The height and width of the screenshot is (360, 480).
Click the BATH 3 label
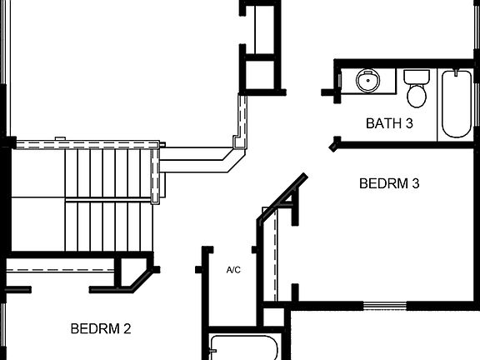[389, 123]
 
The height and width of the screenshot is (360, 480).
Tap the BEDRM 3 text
[388, 183]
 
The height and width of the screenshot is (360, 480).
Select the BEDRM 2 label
[101, 328]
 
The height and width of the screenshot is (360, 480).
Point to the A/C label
[233, 270]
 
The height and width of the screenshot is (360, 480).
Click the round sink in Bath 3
[367, 80]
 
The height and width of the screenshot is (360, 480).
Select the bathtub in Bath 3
[456, 103]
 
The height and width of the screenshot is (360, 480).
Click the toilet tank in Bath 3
[416, 76]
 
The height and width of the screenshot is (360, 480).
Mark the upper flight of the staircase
[108, 172]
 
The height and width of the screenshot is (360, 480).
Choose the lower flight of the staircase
[108, 225]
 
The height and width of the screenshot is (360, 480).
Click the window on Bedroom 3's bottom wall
[384, 306]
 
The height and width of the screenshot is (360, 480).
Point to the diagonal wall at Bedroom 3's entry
[281, 198]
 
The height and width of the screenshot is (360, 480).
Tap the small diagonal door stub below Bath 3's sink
[335, 144]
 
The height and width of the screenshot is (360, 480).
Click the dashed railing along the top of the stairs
[83, 144]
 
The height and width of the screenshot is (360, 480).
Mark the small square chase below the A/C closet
[272, 317]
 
